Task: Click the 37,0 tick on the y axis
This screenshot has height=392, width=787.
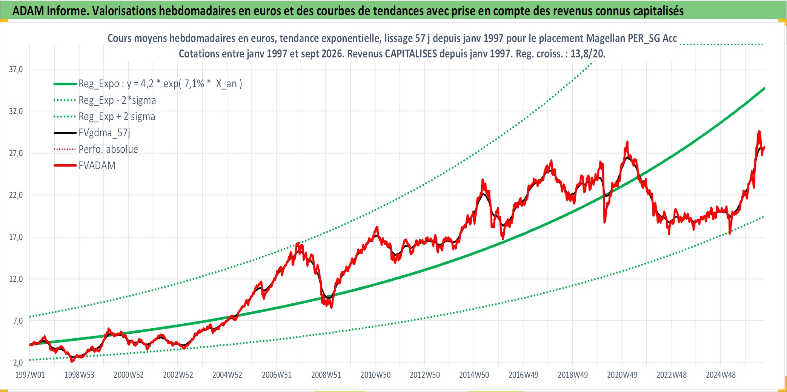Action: (16, 69)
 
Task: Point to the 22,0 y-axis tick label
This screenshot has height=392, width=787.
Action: (16, 195)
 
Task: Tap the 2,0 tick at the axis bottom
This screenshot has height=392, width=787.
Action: (18, 363)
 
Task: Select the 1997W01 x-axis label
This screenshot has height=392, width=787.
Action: (30, 375)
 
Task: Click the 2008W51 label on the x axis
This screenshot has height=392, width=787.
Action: (326, 375)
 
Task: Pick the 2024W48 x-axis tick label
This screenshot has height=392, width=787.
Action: (721, 375)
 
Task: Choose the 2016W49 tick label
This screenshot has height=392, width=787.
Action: (523, 375)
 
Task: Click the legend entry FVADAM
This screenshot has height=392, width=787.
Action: (97, 165)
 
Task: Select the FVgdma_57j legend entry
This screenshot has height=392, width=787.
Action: (105, 133)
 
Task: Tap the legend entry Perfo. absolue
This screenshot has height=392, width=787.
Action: (108, 149)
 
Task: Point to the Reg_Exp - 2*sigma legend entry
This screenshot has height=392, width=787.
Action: (117, 100)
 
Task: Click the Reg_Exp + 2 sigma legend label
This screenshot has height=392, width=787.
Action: (117, 117)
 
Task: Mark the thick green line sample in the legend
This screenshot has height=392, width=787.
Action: (65, 84)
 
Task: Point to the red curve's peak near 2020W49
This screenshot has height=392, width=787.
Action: (627, 142)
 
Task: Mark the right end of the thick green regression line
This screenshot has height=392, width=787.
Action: (764, 88)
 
